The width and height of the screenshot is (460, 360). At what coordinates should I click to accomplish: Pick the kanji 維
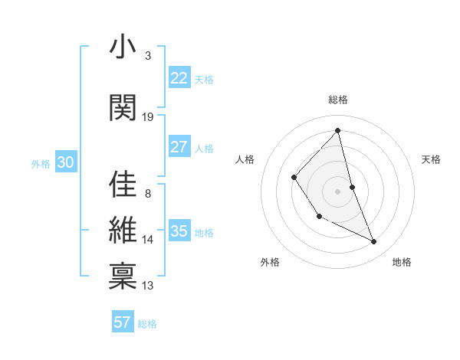(123, 229)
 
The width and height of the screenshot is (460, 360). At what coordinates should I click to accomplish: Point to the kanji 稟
(123, 273)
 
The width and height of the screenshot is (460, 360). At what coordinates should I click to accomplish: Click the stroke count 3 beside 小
(148, 56)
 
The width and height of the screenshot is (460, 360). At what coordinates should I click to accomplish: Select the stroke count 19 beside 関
(148, 116)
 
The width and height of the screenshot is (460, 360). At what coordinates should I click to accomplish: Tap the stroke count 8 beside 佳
(148, 193)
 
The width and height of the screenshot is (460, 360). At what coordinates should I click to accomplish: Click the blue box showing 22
(179, 78)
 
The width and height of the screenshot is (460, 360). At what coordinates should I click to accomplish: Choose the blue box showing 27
(179, 147)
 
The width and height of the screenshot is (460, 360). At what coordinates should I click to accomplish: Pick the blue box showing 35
(179, 231)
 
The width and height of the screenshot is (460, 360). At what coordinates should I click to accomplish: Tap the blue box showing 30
(65, 162)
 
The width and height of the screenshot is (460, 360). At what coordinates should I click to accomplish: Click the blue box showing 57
(123, 322)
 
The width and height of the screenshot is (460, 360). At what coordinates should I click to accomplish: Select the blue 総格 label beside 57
(147, 324)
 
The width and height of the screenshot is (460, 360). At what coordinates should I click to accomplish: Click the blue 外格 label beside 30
(41, 163)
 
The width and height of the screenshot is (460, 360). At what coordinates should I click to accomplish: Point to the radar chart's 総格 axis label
(338, 100)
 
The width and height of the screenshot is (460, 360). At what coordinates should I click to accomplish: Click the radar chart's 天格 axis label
(431, 159)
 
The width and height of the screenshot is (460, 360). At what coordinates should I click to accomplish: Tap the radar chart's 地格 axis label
(402, 262)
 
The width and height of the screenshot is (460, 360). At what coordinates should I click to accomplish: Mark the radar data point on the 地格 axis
(374, 242)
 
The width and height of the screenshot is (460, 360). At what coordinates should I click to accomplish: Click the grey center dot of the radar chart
(337, 191)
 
